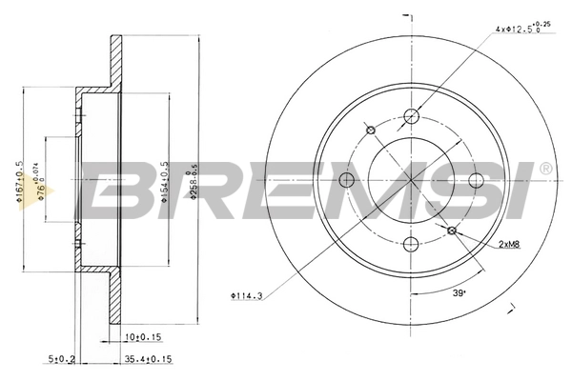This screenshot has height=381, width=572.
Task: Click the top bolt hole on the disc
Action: (412, 117)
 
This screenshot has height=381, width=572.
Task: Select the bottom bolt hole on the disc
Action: (411, 242)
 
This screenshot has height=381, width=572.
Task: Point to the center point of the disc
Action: (412, 180)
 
